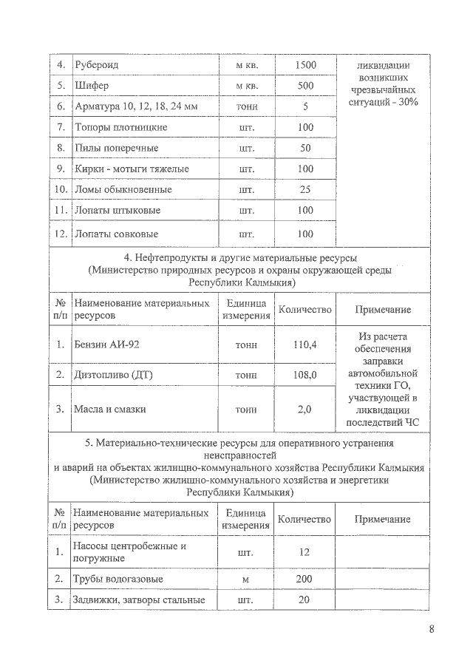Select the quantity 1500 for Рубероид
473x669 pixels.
tap(304, 65)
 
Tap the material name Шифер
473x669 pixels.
tap(90, 86)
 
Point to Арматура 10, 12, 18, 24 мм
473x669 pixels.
tap(136, 106)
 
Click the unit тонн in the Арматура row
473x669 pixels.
tap(246, 106)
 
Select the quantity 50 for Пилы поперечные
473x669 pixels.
tap(304, 148)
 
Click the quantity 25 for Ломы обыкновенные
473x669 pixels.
tap(304, 189)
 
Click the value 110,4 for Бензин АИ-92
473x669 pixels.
tap(304, 344)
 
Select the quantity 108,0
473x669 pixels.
tap(304, 376)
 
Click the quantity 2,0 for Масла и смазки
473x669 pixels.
tap(304, 409)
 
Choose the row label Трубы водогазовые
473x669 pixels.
tap(118, 578)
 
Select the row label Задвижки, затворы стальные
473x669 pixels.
tap(136, 600)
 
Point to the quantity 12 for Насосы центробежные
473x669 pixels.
tap(304, 552)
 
